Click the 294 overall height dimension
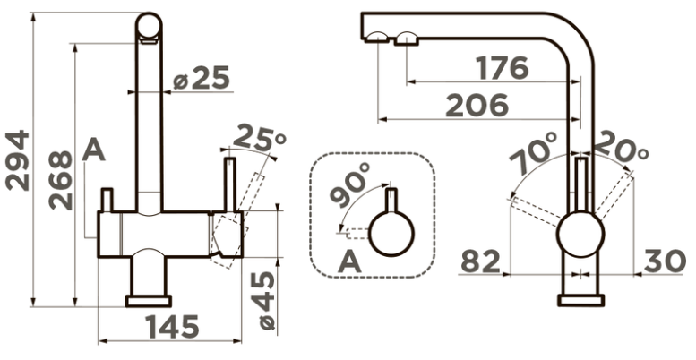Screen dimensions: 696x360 coord(18,160)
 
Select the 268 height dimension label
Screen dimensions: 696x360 coord(60,180)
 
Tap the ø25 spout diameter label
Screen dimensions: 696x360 coord(202,78)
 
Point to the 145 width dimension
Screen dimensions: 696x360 coord(173,327)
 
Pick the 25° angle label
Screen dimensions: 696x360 coord(260,138)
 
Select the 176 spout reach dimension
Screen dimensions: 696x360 coord(502,68)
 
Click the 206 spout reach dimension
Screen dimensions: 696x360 coord(477,105)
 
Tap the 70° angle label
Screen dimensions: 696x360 coord(534,152)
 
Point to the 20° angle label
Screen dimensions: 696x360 coord(621,148)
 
